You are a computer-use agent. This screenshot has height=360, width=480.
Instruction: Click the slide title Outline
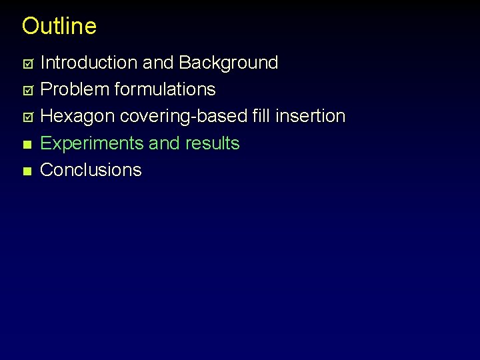coord(59,26)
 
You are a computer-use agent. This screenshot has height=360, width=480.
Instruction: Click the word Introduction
coord(89,63)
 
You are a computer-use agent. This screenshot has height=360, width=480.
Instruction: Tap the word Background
coord(229,63)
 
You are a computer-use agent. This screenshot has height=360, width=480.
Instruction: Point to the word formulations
coord(165,89)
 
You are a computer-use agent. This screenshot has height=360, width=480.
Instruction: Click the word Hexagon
coord(78,117)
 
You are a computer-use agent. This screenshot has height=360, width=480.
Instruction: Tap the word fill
coord(261,116)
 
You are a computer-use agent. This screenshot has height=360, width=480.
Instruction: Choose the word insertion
coord(310,116)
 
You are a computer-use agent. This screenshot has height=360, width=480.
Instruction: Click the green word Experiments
coord(93,143)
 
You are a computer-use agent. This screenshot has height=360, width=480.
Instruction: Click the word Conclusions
coord(91,170)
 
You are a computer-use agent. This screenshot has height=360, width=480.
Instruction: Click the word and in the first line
coord(158,63)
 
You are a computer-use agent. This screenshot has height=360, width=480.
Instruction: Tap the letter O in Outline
coord(31,26)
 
